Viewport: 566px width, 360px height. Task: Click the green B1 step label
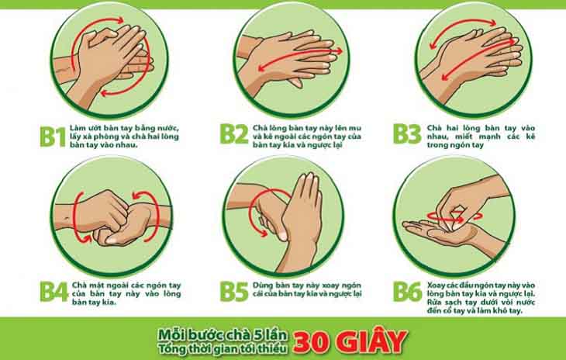pyautogui.click(x=53, y=137)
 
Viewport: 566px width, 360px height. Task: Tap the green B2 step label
pyautogui.click(x=234, y=134)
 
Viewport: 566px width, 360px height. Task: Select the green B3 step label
pyautogui.click(x=407, y=134)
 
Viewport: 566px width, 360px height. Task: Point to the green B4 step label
pyautogui.click(x=53, y=292)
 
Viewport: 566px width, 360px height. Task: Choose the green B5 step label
pyautogui.click(x=234, y=292)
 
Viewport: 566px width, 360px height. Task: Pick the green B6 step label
pyautogui.click(x=408, y=292)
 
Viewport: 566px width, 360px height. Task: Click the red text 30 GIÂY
pyautogui.click(x=350, y=341)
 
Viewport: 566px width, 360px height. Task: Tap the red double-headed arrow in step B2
pyautogui.click(x=300, y=59)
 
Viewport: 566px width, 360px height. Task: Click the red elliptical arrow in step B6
pyautogui.click(x=455, y=216)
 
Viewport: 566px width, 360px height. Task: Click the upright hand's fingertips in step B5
pyautogui.click(x=307, y=178)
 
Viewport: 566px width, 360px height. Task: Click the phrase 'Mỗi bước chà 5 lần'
pyautogui.click(x=223, y=335)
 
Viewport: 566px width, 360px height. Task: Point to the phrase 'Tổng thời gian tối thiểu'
pyautogui.click(x=223, y=348)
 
